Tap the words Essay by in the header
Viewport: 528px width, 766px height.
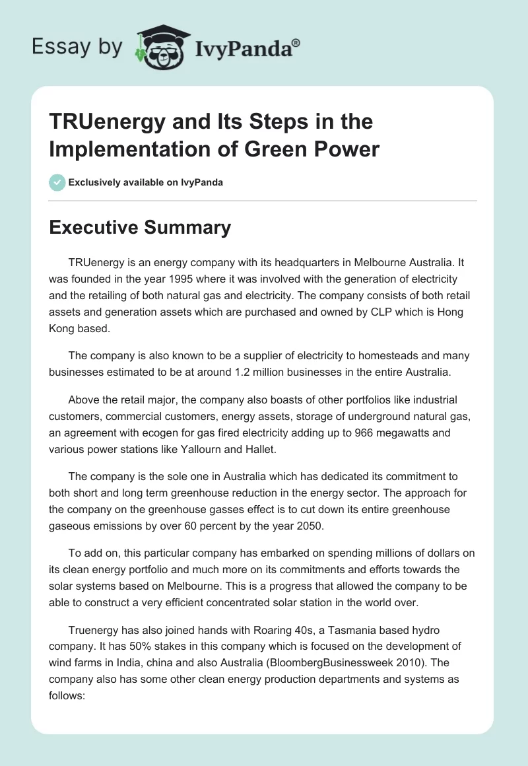pos(77,47)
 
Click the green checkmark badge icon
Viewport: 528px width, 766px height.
pos(57,182)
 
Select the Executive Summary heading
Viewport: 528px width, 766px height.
pos(141,228)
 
